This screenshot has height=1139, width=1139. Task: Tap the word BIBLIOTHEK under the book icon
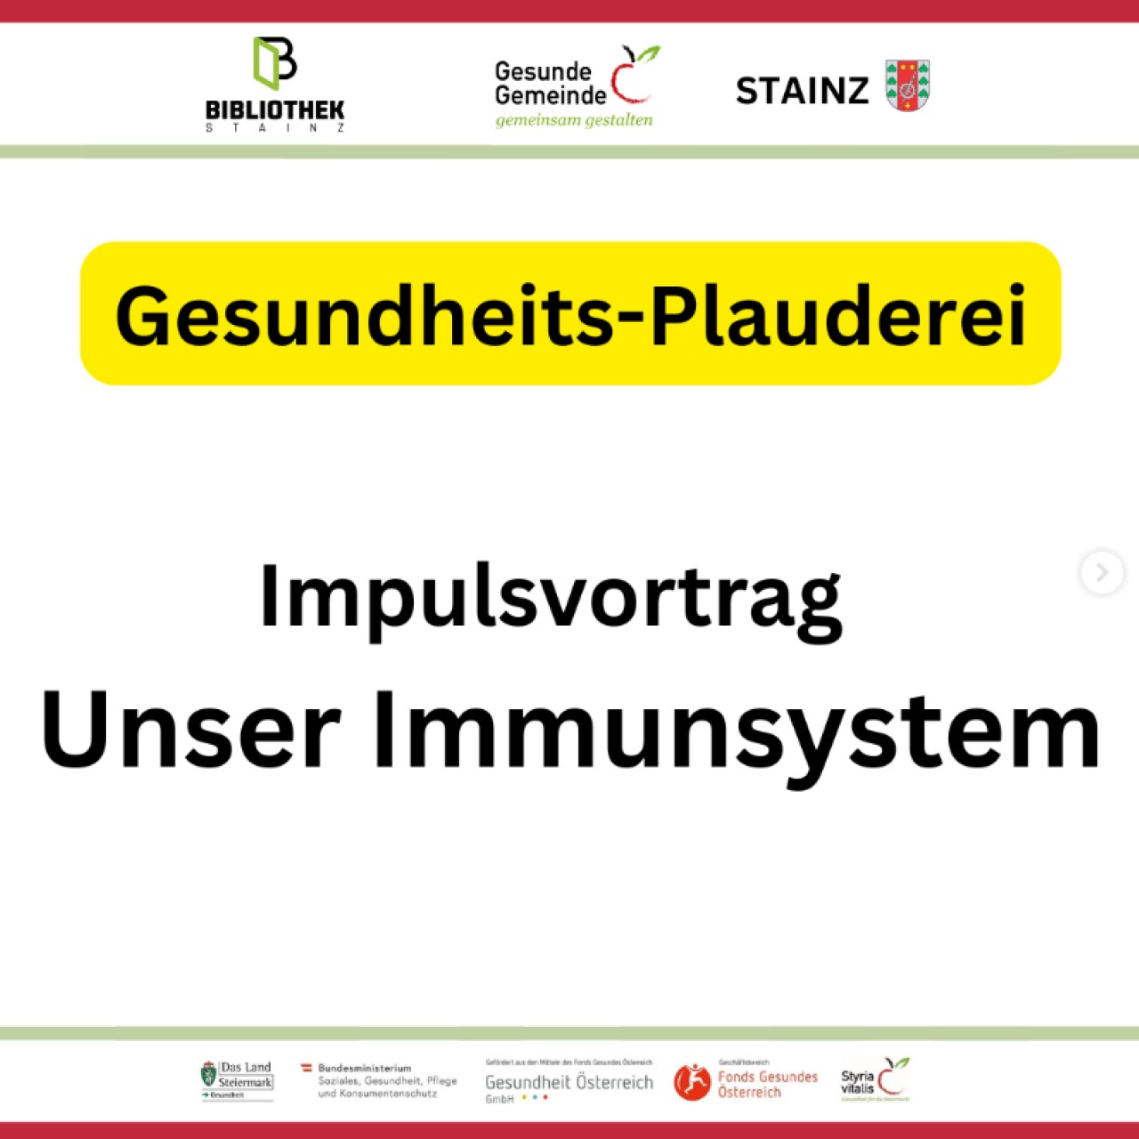(275, 110)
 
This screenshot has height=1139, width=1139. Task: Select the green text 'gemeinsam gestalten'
(574, 120)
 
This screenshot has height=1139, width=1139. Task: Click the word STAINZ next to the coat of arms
(802, 91)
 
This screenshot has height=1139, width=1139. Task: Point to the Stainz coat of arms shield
(908, 85)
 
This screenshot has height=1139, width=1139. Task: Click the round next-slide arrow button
(1102, 572)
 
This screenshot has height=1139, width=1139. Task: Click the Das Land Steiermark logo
(237, 1080)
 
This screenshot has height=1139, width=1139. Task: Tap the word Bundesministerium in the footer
(365, 1068)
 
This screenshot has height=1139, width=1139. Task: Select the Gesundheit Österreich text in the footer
(569, 1083)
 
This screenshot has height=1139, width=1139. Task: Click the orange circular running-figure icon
(692, 1082)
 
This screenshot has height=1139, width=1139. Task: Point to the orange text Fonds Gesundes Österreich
(767, 1084)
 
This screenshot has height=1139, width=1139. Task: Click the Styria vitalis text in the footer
(857, 1082)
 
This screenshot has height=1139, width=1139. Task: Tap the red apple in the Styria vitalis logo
(893, 1078)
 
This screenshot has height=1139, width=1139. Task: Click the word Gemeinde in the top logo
(550, 95)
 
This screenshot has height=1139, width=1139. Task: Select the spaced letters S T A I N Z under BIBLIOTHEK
(275, 128)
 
